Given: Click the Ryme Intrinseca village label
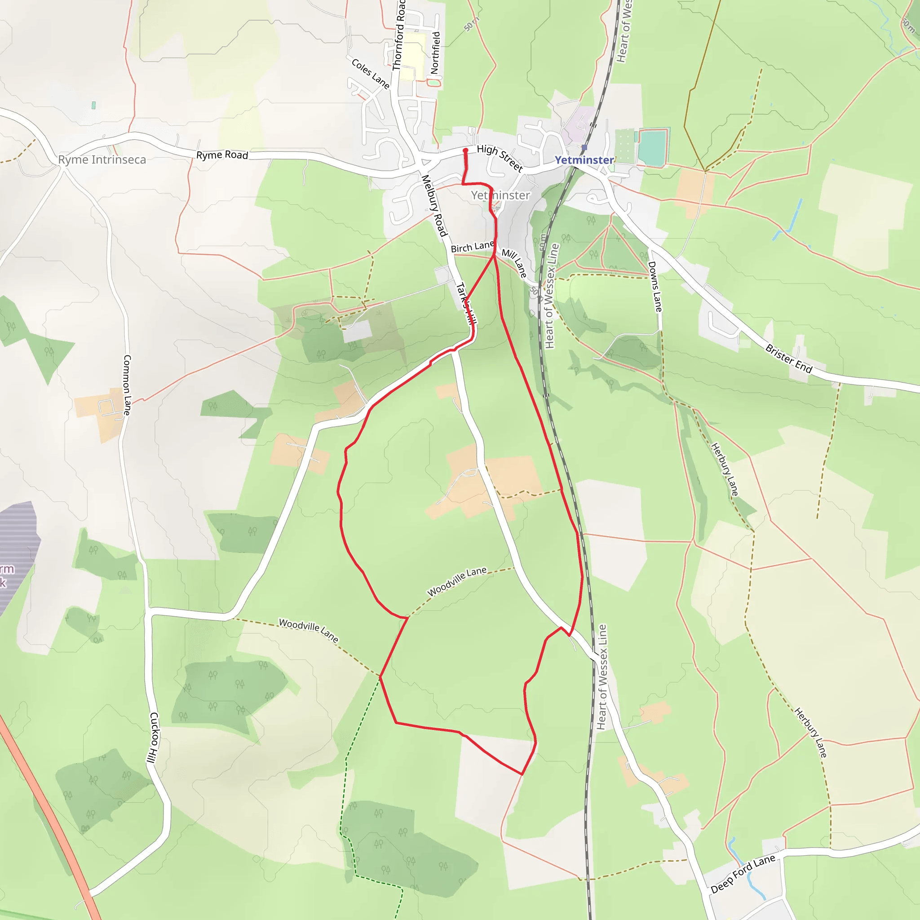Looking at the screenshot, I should pos(102,159).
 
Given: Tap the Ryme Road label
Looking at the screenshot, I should pos(222,155).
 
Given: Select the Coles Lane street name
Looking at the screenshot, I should pos(371,73).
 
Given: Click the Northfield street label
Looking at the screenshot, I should pos(435,53).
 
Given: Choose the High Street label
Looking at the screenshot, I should pos(500,158).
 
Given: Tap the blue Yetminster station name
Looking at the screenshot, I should pos(584,160).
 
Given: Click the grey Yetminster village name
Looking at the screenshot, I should pos(500,195).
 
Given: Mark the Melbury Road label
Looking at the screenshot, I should pos(434,206).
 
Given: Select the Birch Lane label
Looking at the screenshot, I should pos(472,247).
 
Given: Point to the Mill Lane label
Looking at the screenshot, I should pos(514,263).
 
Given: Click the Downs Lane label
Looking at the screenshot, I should pos(655,287).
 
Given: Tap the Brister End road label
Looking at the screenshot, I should pos(788,358).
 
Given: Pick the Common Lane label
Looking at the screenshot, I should pos(127,385).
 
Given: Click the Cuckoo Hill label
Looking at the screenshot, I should pos(153,738).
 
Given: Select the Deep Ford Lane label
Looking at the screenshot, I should pos(743,874).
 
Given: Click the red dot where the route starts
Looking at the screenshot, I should pos(466,150).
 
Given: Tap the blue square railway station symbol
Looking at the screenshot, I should pos(584,148).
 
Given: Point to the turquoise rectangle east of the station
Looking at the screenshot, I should pos(652,147).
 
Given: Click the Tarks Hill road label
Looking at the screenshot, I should pos(466,303).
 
